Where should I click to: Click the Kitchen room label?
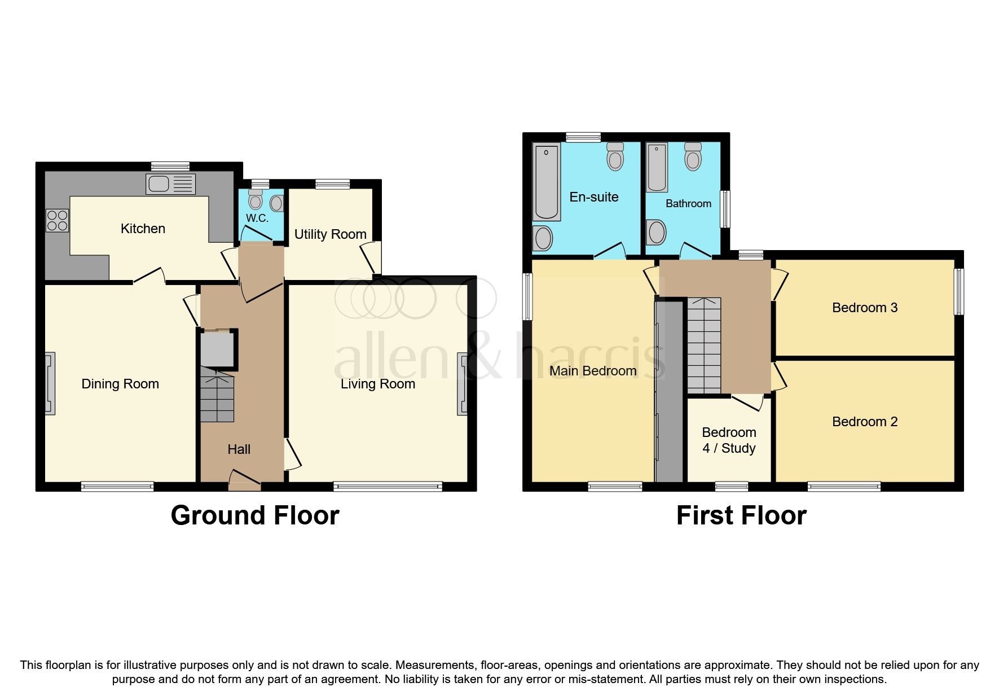coord(143,229)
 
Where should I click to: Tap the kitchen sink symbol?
coord(171,184)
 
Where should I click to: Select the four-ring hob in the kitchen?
coord(57,220)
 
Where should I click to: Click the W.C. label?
coord(257,218)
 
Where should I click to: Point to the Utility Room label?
coord(330,234)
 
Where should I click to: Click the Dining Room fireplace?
coord(50,383)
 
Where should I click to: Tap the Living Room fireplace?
coord(463,384)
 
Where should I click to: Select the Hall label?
coord(239,449)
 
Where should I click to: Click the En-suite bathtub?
coord(546,182)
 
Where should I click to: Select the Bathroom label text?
coord(688,204)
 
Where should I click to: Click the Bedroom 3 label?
coord(864,308)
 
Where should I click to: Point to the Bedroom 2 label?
coord(864,422)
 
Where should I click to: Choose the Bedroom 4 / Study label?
coord(729,440)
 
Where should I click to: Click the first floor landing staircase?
coord(704,345)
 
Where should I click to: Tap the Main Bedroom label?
coord(593,371)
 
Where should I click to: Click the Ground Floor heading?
coord(255,515)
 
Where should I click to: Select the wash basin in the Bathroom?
coord(655,232)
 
